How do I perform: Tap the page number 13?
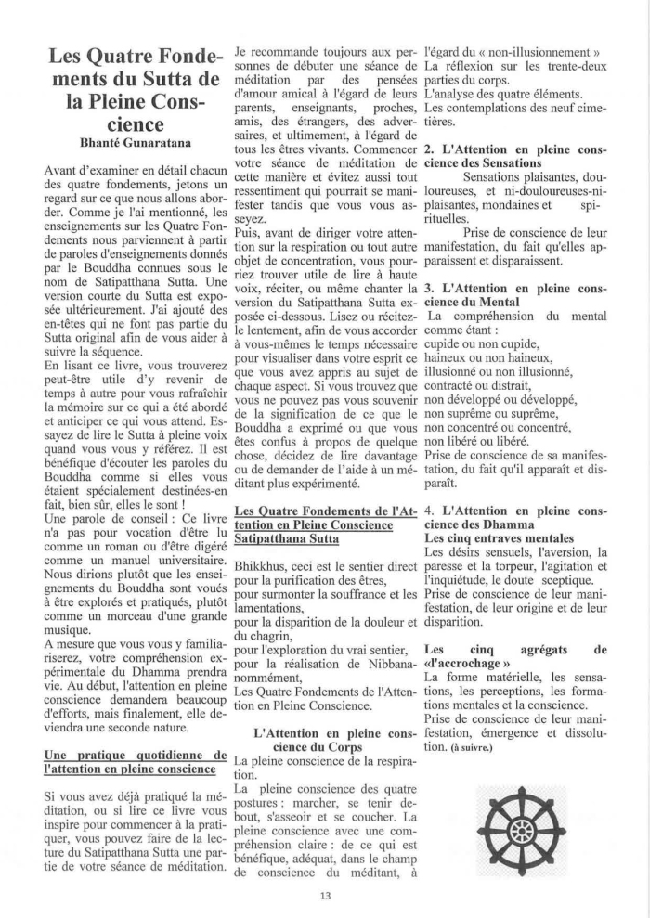(324, 895)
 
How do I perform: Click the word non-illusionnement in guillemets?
(533, 53)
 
